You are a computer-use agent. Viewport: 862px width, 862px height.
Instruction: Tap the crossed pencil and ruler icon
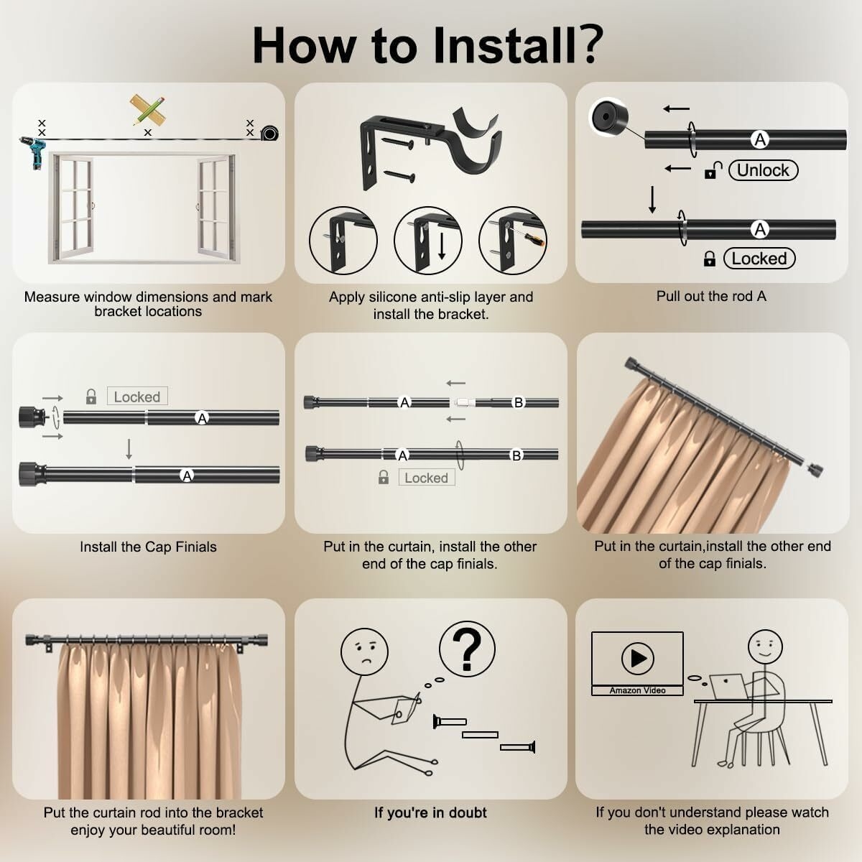[148, 110]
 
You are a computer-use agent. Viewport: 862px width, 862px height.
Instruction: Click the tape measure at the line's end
[270, 133]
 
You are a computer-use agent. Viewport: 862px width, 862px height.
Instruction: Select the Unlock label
[763, 170]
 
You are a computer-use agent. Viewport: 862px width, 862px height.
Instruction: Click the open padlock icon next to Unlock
[713, 170]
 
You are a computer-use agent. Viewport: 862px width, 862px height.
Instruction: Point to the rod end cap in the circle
[608, 118]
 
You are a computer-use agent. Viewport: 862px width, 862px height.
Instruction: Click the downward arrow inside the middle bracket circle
[442, 246]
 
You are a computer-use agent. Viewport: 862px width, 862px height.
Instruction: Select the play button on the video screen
[637, 658]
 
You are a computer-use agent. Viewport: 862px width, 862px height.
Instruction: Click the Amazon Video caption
[637, 690]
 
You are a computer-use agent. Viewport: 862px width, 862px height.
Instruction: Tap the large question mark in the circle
[467, 649]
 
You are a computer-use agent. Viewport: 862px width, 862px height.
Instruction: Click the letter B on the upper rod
[519, 402]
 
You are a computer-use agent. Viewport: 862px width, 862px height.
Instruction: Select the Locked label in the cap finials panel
[137, 397]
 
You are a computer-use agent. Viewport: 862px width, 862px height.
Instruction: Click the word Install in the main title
[504, 46]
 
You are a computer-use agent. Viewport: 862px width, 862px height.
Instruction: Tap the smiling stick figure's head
[765, 646]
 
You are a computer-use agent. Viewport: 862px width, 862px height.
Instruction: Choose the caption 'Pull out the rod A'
[711, 296]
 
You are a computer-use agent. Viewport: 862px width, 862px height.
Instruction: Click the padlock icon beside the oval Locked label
[710, 259]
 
